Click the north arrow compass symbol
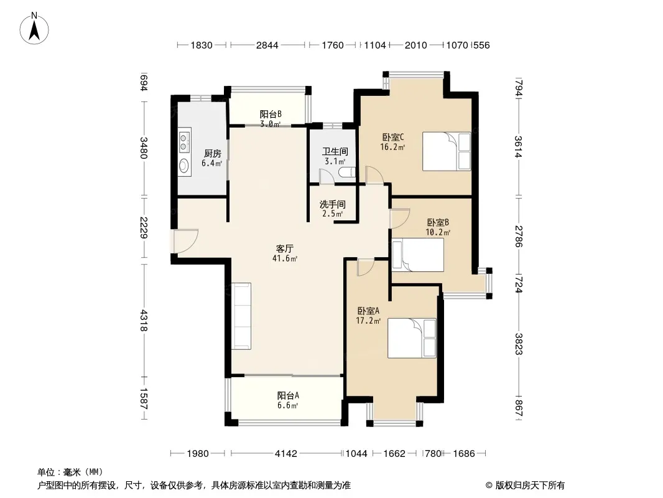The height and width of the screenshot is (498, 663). (34, 28)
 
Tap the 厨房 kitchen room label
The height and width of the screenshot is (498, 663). (212, 154)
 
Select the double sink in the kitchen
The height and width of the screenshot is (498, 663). (184, 141)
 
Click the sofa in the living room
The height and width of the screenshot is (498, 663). (241, 316)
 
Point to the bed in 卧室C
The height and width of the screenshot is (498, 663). (447, 151)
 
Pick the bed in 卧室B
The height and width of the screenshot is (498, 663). (418, 255)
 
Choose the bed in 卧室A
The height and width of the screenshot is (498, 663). (412, 338)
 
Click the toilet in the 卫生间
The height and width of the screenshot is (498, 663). (348, 172)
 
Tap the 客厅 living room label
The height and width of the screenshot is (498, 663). (285, 249)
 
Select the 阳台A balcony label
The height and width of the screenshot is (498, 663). (288, 396)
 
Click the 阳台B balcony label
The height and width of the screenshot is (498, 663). (270, 115)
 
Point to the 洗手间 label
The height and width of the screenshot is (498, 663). (332, 204)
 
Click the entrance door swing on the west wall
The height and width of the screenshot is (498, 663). (186, 241)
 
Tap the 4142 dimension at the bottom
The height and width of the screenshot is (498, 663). (286, 454)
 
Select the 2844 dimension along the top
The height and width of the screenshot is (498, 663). (267, 45)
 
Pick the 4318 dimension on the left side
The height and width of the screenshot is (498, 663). (144, 321)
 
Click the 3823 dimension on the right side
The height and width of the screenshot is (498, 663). (518, 344)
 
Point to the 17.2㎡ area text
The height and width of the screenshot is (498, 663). (368, 321)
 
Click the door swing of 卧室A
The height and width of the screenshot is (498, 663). (365, 268)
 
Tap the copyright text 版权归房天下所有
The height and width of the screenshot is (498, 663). (530, 486)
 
